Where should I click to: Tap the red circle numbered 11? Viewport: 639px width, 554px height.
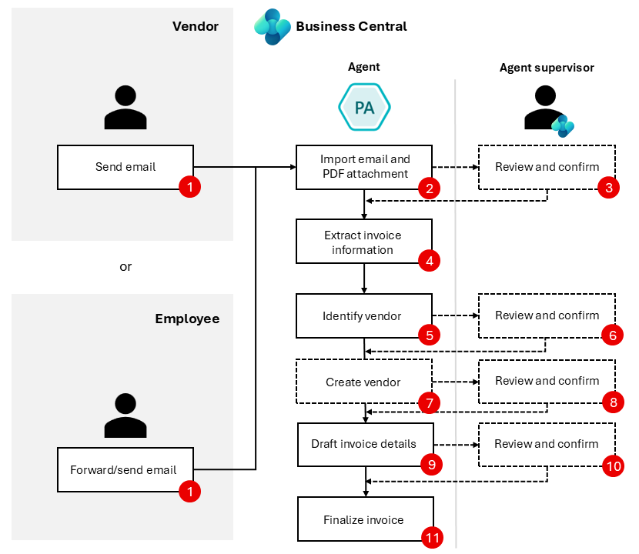pos(433,538)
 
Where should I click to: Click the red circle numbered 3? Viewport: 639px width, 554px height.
pos(611,187)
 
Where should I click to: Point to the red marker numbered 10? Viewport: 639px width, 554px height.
pos(613,465)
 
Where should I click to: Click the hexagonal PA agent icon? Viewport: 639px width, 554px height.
pos(364,106)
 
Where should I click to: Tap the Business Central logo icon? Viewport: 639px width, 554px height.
pos(273,27)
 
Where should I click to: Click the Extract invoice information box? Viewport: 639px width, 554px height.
pos(363,242)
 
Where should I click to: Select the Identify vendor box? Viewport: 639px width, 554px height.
pos(363,315)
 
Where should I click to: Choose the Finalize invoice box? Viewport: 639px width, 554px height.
pos(363,519)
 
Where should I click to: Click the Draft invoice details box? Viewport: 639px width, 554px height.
pos(363,444)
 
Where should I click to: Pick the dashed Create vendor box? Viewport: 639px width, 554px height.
pos(363,382)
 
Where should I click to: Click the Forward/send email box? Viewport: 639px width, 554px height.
pos(123,469)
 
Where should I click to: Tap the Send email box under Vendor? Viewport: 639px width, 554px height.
pos(125,167)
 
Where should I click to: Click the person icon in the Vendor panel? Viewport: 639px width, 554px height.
pos(125,107)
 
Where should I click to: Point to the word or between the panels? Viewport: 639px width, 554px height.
pos(125,267)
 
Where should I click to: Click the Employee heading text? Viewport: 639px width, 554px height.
pos(187,319)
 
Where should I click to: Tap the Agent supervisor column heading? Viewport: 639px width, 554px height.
pos(547,68)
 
